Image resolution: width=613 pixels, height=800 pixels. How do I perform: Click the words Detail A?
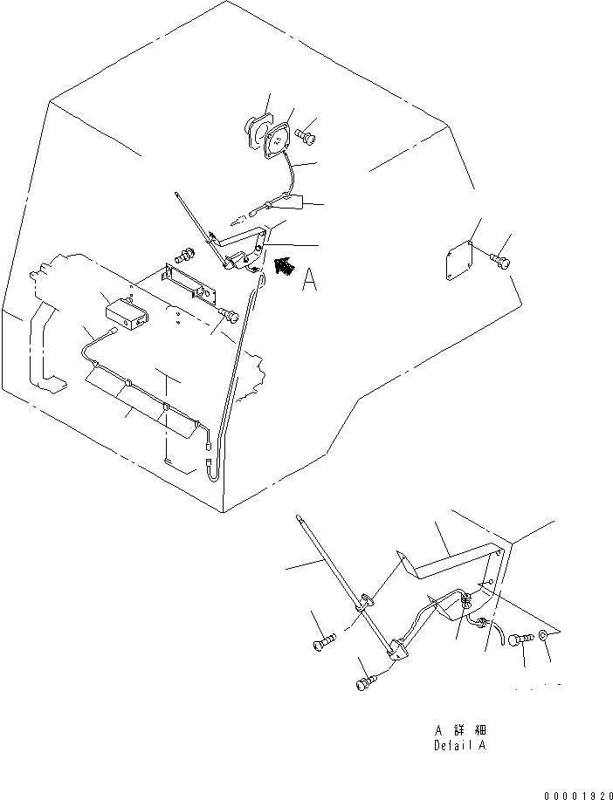click(x=460, y=746)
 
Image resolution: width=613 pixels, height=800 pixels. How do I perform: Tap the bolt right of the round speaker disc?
click(x=306, y=135)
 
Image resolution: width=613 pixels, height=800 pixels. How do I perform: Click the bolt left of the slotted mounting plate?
click(x=185, y=256)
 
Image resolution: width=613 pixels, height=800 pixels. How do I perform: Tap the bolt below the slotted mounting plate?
click(x=229, y=314)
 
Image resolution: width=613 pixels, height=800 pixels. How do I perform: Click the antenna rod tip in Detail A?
click(x=300, y=519)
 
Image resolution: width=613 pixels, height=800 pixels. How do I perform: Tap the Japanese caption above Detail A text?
click(x=460, y=729)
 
